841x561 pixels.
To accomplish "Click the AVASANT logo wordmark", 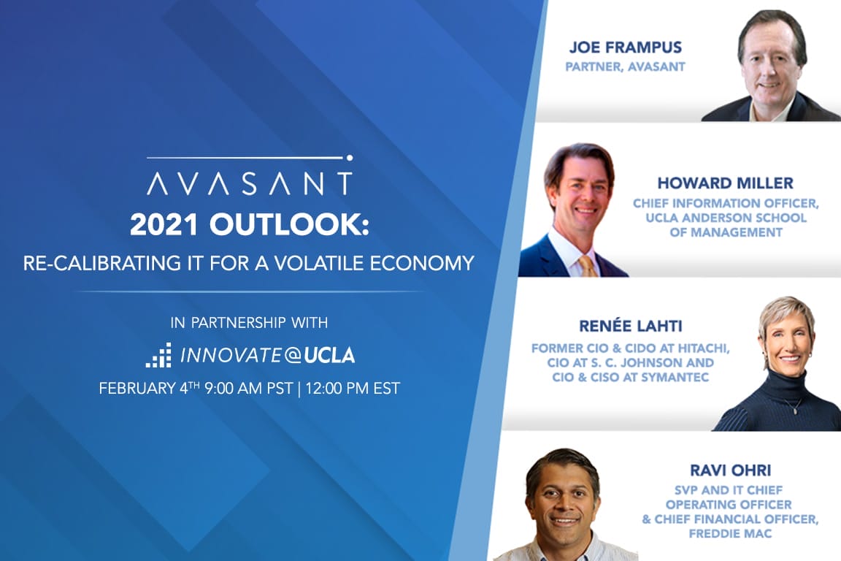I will tap(249, 183).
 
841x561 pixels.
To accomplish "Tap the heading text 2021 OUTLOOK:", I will tap(250, 226).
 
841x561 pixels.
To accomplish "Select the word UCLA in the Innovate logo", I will tap(329, 356).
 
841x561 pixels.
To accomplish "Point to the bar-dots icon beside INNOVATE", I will tap(158, 355).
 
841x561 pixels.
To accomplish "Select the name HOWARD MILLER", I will tap(725, 183).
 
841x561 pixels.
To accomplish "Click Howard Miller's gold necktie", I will tap(587, 264).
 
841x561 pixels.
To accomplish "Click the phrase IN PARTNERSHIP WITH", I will tap(249, 322).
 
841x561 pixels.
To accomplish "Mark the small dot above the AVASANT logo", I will tap(350, 157).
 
